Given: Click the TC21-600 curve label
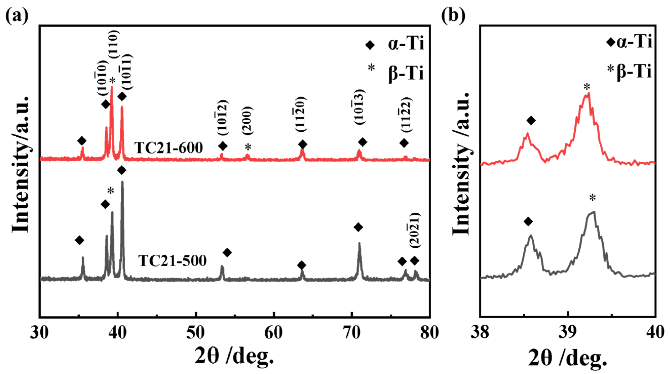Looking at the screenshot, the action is click(x=168, y=148).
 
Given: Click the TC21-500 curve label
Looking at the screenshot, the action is click(x=172, y=261).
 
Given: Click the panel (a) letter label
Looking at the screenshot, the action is click(x=17, y=16).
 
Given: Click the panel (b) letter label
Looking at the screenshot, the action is click(x=453, y=16).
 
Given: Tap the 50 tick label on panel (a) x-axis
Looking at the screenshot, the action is click(x=196, y=333).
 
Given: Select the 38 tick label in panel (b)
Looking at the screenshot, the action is click(x=480, y=333).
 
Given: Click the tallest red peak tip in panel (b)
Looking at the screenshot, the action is click(x=588, y=93).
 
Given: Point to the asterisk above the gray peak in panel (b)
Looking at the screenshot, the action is click(x=592, y=198).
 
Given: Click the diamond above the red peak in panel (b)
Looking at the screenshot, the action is click(x=531, y=120).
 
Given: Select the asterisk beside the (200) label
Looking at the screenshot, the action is click(x=248, y=147).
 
